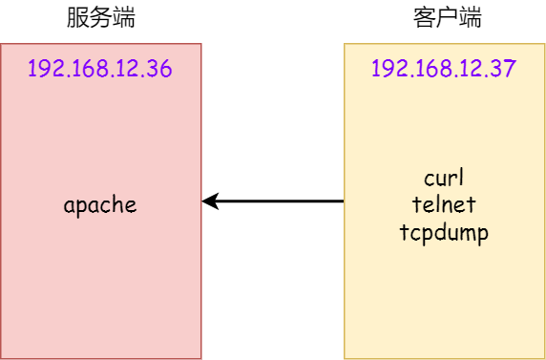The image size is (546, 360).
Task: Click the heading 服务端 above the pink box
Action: point(100,18)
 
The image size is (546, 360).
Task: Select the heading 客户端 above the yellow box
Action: point(448,18)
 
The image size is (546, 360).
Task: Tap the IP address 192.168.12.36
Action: point(100,69)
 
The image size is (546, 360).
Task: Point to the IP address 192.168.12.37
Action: point(444,69)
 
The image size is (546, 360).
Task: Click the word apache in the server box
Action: point(100,204)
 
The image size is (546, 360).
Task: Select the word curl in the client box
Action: point(444,179)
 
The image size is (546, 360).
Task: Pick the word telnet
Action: point(444,204)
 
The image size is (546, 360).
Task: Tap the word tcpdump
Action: point(444,232)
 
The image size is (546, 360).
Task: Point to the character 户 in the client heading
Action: point(448,18)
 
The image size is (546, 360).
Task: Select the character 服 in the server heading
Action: point(78,18)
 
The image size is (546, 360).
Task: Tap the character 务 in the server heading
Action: point(100,18)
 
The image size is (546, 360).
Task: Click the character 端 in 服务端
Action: point(122,18)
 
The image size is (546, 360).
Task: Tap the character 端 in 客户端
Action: point(470,18)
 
